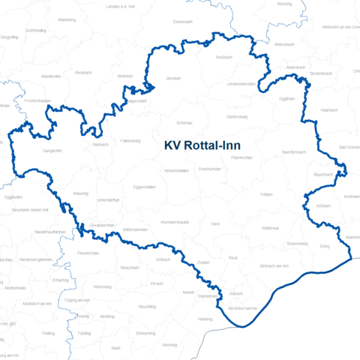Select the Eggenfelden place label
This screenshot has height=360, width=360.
pyautogui.click(x=144, y=187)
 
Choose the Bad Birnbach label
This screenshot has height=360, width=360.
pyautogui.click(x=294, y=152)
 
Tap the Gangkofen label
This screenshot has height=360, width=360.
pyautogui.click(x=32, y=151)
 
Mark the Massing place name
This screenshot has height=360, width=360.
pyautogui.click(x=80, y=193)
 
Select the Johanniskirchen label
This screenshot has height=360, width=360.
pyautogui.click(x=241, y=84)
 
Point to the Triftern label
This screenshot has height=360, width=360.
pyautogui.click(x=266, y=194)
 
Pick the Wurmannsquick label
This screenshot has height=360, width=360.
pyautogui.click(x=178, y=223)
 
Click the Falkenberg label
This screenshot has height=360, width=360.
pyautogui.click(x=130, y=139)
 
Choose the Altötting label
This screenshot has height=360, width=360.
pyautogui.click(x=107, y=316)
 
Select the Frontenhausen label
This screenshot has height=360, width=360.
pyautogui.click(x=37, y=100)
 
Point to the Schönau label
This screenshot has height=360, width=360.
pyautogui.click(x=184, y=121)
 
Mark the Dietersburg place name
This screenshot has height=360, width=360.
pyautogui.click(x=237, y=117)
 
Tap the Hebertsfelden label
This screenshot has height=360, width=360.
pyautogui.click(x=175, y=170)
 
